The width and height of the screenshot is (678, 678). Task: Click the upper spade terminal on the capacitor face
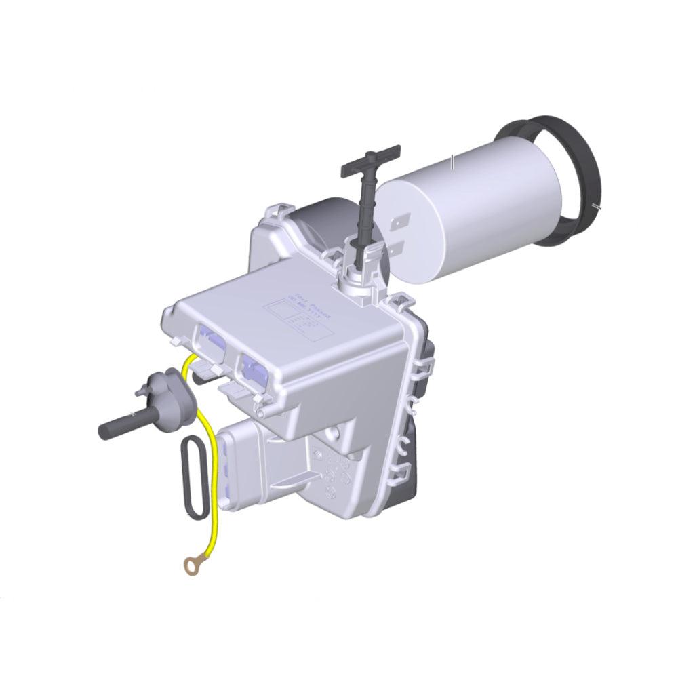tap(400, 222)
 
